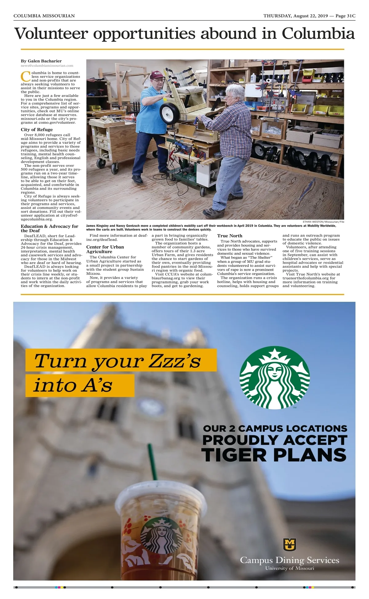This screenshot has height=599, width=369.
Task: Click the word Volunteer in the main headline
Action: click(x=51, y=34)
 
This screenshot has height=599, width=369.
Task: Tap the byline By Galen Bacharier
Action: click(x=41, y=61)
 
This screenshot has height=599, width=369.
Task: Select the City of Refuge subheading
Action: click(x=37, y=130)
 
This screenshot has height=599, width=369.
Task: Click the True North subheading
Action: click(x=229, y=236)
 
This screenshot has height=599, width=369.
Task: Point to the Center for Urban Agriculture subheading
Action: click(x=105, y=249)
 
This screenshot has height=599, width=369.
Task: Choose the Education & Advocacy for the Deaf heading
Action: click(x=50, y=228)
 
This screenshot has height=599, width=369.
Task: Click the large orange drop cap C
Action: click(x=26, y=76)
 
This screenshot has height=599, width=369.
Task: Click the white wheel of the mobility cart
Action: click(x=169, y=113)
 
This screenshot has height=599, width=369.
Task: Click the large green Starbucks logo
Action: click(x=275, y=378)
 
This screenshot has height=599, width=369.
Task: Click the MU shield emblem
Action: click(x=289, y=545)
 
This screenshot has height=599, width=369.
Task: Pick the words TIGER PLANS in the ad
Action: click(x=274, y=455)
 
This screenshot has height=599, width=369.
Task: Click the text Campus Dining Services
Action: click(x=289, y=560)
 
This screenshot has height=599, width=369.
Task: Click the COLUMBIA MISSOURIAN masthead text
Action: click(x=44, y=16)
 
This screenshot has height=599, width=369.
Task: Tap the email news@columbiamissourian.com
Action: click(x=47, y=66)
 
